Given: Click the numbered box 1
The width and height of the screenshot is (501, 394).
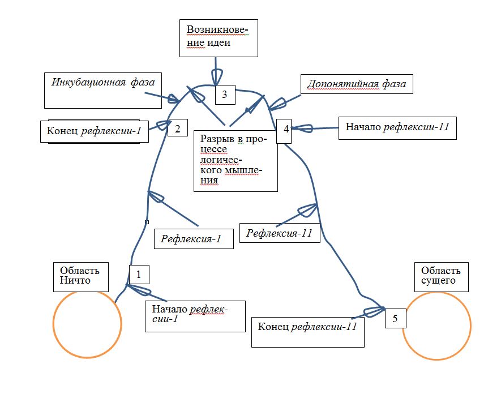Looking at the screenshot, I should (x=139, y=275).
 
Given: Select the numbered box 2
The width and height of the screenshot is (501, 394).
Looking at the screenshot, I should (x=177, y=128).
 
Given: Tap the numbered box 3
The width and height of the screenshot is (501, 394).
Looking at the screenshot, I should (x=225, y=95).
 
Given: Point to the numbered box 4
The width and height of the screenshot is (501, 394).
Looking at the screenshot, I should (x=286, y=129).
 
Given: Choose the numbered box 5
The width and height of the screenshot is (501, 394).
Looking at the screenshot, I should (x=395, y=318).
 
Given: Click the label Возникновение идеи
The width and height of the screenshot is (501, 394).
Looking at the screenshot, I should (x=219, y=38).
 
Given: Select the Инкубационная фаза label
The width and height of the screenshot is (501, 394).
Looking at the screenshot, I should (x=102, y=90).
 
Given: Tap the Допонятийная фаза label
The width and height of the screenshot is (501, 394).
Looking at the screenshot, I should (x=357, y=84).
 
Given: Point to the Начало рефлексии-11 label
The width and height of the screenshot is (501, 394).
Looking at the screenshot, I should (x=397, y=128).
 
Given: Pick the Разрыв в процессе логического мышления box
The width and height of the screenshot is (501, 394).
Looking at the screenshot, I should (x=235, y=161).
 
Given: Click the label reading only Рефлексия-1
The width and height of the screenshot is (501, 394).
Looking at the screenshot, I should (x=194, y=239).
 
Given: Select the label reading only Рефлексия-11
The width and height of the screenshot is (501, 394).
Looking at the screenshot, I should (x=280, y=233).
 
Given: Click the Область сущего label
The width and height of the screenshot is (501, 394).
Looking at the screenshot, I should (x=441, y=277).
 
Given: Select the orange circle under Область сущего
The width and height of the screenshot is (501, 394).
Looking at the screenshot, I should (x=436, y=326).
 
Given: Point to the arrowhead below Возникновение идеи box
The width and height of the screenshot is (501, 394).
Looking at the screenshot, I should (x=217, y=76).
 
